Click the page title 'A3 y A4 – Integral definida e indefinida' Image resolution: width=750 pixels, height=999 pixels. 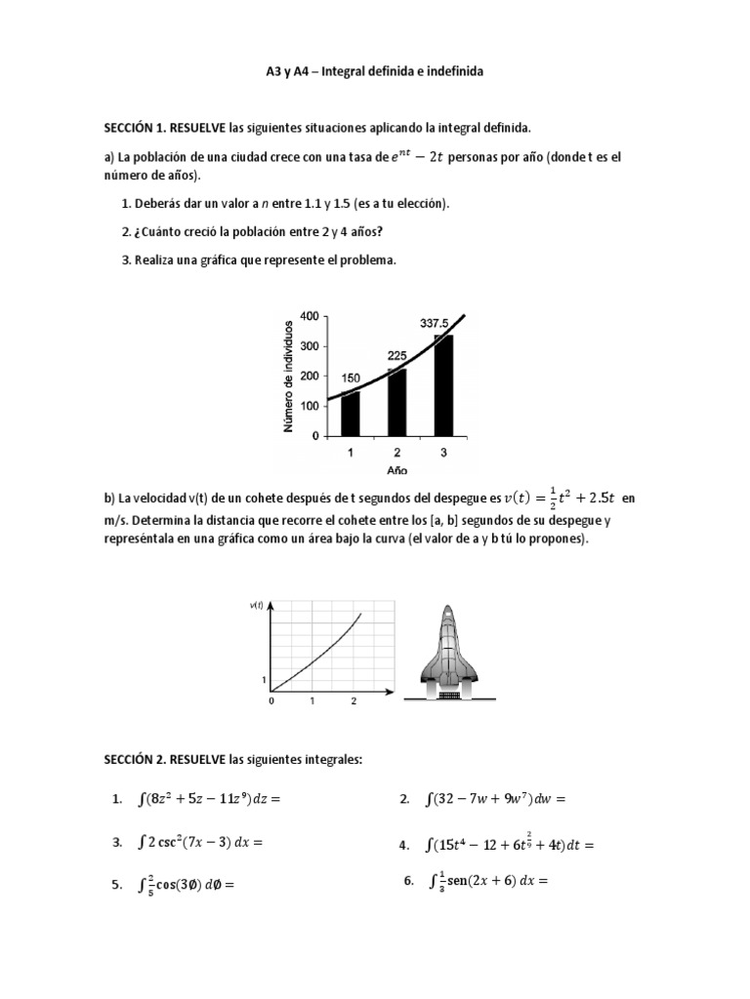click(374, 72)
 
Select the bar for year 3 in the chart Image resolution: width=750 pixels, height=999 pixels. click(443, 385)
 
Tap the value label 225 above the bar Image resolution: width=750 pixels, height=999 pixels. click(397, 356)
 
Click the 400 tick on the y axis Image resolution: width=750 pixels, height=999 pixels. click(309, 316)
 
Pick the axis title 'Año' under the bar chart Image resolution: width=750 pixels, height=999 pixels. click(397, 470)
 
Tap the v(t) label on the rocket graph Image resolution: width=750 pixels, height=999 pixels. click(257, 606)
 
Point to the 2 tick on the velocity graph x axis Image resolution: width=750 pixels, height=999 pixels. click(353, 701)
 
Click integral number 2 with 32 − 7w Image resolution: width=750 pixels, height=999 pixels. click(496, 800)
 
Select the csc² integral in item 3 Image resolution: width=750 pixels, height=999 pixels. click(202, 841)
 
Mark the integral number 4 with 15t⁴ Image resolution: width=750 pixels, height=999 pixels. click(510, 843)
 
